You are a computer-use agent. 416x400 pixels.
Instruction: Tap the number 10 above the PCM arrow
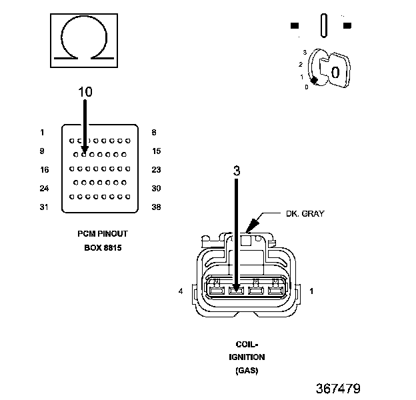click(85, 92)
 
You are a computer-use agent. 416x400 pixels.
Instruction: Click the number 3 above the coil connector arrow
click(237, 171)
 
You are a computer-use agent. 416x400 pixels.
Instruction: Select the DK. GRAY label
click(305, 213)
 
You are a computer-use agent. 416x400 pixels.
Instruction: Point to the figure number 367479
click(338, 389)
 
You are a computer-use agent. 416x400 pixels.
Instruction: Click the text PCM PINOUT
click(103, 234)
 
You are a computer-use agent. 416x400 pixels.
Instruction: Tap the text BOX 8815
click(103, 248)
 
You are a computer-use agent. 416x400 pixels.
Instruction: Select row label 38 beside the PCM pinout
click(156, 207)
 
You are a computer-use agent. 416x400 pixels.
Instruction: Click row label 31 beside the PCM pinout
click(44, 207)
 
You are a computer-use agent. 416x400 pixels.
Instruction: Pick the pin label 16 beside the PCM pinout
click(45, 169)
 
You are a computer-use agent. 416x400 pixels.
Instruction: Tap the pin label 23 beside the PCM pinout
click(156, 169)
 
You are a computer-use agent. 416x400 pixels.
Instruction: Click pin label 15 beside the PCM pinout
click(157, 151)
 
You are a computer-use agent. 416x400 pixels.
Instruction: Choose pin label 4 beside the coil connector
click(181, 291)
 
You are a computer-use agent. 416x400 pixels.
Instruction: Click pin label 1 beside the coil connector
click(311, 291)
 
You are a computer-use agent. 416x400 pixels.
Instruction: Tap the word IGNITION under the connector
click(247, 357)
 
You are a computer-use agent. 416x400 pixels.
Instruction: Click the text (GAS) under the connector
click(247, 370)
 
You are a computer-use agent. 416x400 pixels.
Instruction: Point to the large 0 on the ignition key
click(335, 72)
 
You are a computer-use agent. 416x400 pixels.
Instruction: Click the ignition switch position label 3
click(305, 52)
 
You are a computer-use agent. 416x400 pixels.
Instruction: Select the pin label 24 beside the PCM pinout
click(44, 188)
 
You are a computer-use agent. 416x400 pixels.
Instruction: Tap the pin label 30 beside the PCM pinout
click(156, 188)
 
